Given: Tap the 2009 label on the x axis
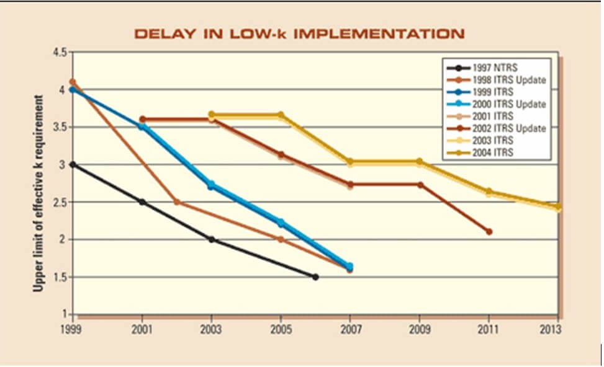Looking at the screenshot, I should [x=420, y=329].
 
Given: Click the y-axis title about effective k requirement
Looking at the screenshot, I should [x=38, y=193].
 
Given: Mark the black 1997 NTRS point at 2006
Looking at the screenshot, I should [x=315, y=276].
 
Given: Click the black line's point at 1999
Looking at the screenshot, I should [x=73, y=164].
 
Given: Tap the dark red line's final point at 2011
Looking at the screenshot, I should [x=489, y=232].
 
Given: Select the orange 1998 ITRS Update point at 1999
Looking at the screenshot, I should [x=73, y=82].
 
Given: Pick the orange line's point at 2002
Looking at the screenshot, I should [x=177, y=201].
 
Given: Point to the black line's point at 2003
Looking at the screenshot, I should [x=212, y=239].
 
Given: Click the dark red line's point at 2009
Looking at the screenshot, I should [x=420, y=185].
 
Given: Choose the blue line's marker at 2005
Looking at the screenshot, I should [x=281, y=223].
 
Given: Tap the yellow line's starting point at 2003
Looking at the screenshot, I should [x=212, y=115].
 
